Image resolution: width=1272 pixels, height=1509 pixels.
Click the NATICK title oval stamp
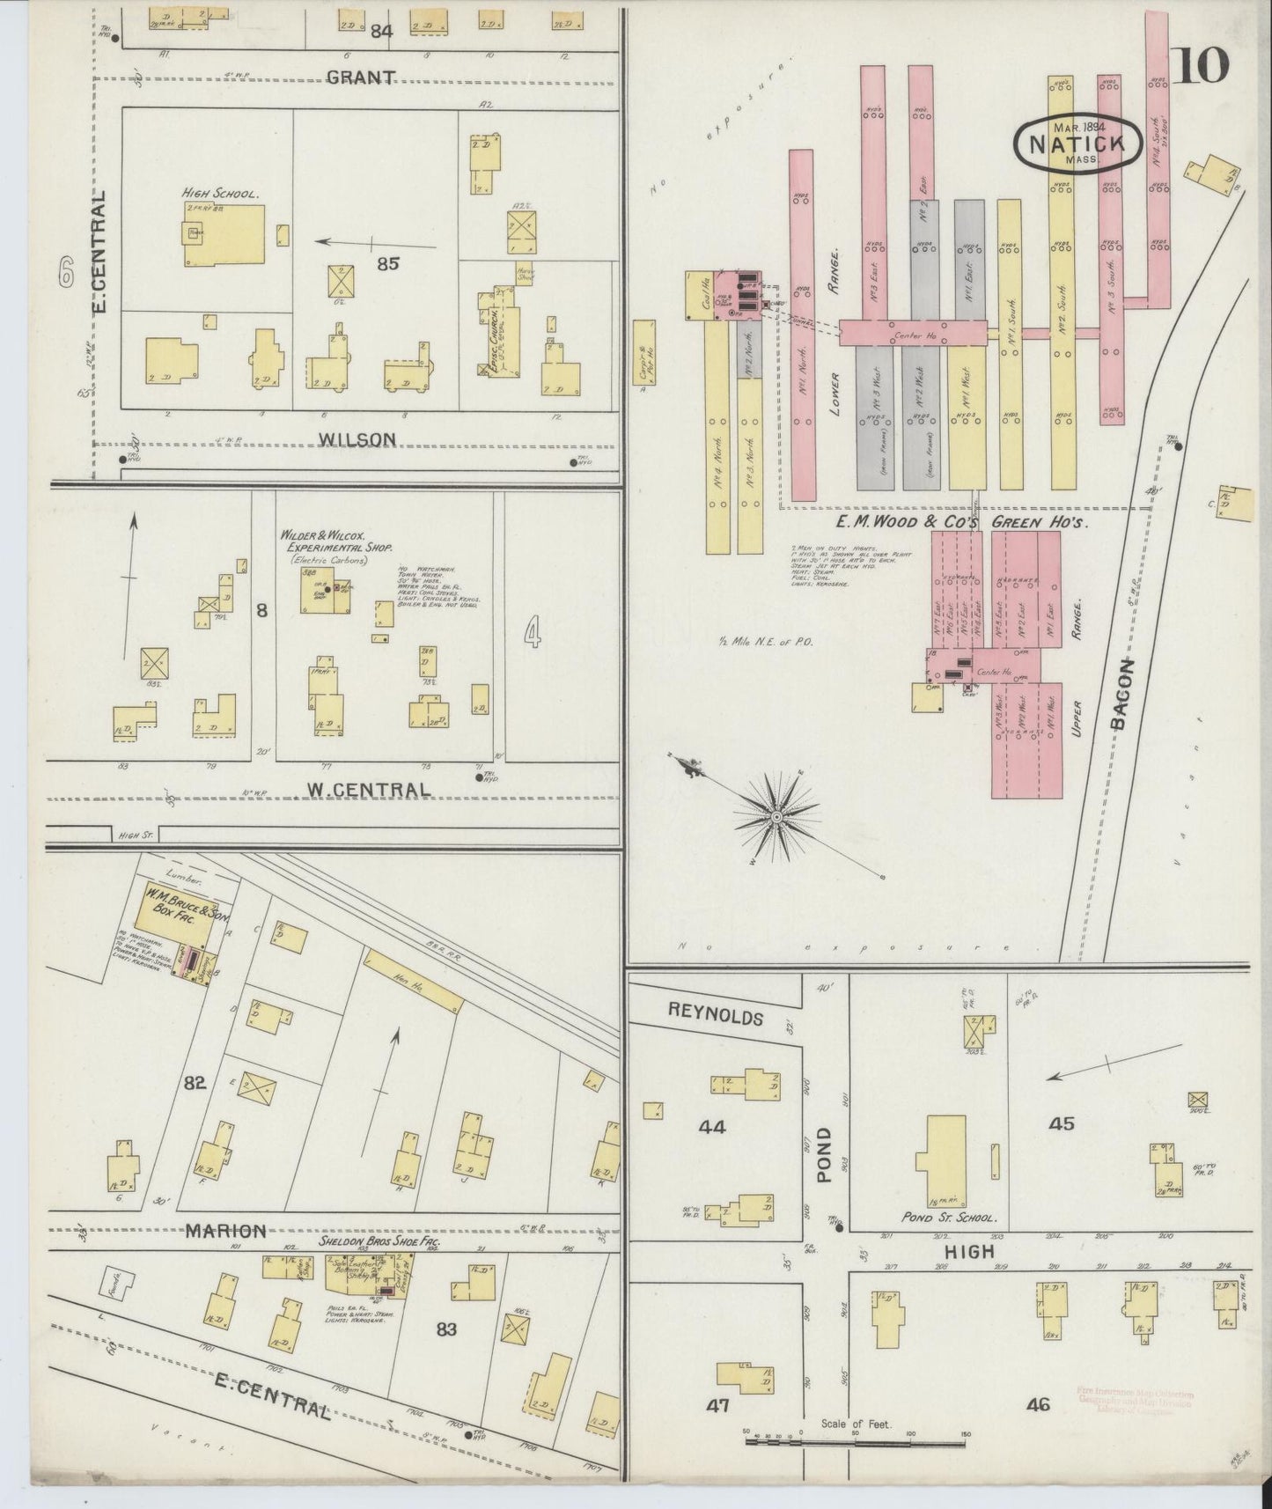tap(1073, 144)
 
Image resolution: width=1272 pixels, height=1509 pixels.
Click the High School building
tap(224, 234)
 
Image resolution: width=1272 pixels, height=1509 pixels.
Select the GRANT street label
tap(361, 77)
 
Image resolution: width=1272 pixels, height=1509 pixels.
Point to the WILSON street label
tap(357, 438)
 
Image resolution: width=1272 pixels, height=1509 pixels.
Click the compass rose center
tap(776, 818)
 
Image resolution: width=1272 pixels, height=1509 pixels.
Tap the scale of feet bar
tap(856, 1442)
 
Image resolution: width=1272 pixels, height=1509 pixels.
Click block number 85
tap(388, 262)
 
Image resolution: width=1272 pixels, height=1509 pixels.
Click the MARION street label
tap(225, 1231)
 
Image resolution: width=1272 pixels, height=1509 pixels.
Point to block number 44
tap(711, 1126)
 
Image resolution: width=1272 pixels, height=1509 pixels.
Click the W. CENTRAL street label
tap(357, 790)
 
